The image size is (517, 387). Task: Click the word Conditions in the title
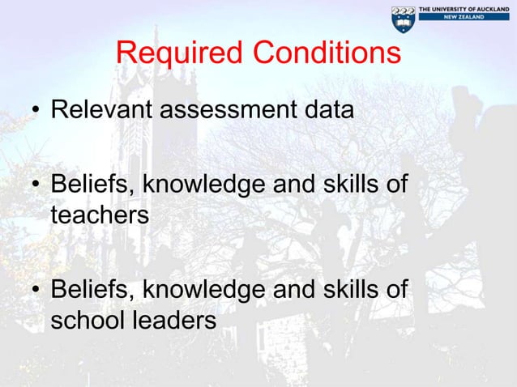point(326,54)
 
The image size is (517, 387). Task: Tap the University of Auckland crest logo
point(403,19)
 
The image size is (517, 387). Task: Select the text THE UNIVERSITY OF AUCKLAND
point(464,8)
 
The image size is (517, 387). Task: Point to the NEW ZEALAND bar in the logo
point(464,17)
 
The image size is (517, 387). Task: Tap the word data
point(327,109)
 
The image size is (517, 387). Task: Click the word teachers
point(100,215)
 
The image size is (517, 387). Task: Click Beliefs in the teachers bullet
point(92,185)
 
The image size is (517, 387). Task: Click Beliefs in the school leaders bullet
point(92,290)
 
